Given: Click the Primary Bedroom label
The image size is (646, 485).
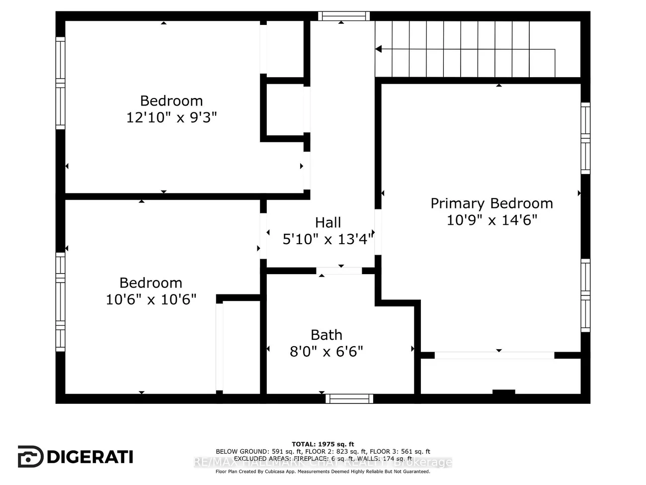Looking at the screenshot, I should coord(491,203).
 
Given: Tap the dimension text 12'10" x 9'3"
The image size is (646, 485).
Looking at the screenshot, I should coord(171,118).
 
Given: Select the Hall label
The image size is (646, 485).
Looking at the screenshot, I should coord(328,222).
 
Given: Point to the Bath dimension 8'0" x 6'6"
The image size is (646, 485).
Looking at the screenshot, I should coord(326,352).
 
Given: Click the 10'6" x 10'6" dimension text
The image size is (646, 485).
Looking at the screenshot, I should coord(151,299).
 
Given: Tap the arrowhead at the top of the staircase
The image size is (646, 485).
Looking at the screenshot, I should coord(378,49).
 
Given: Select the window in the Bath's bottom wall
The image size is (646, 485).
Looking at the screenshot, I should coord(349,398).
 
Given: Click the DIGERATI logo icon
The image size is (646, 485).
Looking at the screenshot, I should coord(30,456).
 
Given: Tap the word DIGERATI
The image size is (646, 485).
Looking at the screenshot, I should coord(90,457).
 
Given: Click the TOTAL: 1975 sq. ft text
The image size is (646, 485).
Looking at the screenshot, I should coord(323,444).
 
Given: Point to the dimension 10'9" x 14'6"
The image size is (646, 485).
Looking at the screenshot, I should coord(492,220).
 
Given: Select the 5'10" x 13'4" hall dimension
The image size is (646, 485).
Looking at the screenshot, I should coord(328,239).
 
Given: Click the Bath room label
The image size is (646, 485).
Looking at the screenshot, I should coord(326,335).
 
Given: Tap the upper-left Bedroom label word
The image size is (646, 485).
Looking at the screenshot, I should coord(171,101).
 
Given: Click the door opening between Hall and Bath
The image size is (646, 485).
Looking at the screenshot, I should coord(339,271).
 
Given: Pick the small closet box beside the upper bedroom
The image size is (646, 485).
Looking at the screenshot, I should coord(285,109).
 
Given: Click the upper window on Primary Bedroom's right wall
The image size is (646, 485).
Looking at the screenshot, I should coord(585,138).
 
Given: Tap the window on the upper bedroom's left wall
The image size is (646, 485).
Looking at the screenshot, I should coord(60,83).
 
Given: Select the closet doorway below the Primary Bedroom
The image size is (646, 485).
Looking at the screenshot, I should coord(494,355).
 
